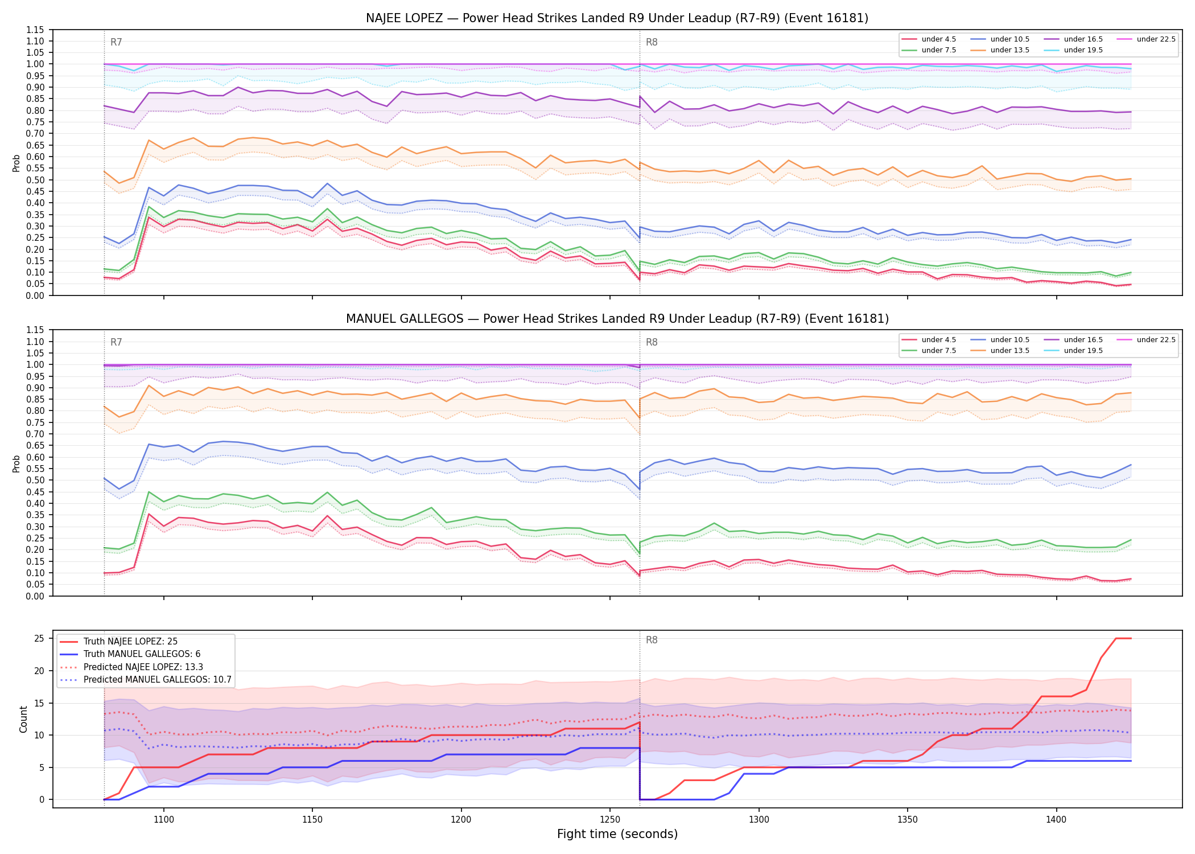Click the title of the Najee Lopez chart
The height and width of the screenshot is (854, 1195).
click(x=617, y=18)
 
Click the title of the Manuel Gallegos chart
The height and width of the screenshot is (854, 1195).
click(x=617, y=319)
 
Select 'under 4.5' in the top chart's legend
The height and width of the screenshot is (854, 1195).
click(x=938, y=39)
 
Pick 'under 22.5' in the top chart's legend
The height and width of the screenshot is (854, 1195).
click(x=1156, y=39)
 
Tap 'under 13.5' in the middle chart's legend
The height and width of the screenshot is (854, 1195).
click(x=1009, y=351)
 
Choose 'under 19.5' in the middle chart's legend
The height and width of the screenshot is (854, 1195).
click(x=1083, y=351)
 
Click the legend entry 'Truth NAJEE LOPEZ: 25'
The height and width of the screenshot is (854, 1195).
click(x=130, y=642)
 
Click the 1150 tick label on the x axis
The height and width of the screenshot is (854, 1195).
click(x=312, y=820)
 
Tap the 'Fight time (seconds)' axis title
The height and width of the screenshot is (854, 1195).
click(x=617, y=835)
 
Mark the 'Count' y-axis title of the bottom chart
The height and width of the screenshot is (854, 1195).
click(x=23, y=719)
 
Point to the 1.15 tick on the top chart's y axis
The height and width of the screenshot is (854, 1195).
click(x=35, y=30)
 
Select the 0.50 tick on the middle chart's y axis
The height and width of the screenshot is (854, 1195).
click(x=35, y=480)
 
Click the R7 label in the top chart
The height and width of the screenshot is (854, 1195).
click(x=116, y=42)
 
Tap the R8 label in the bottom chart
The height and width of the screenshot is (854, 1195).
click(x=652, y=640)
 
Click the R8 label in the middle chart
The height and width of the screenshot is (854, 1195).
click(x=652, y=342)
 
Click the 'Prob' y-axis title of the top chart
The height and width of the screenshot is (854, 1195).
click(x=17, y=163)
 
